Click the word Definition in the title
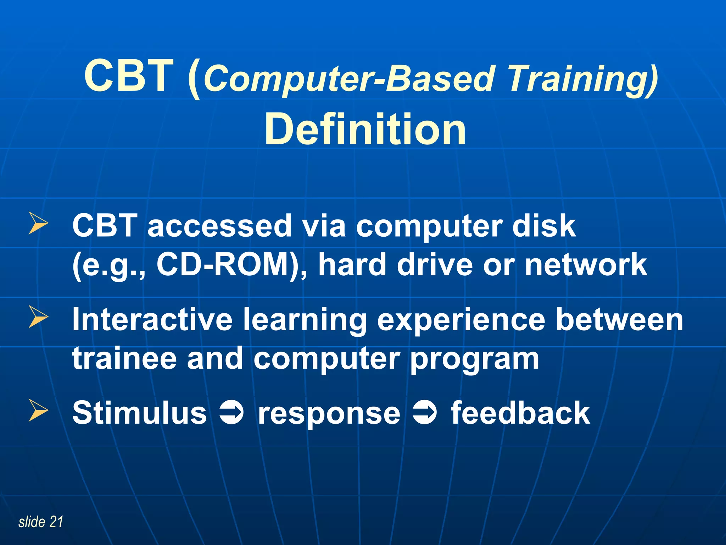[365, 130]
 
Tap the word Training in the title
[581, 80]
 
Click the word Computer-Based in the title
[349, 80]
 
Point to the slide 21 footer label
[41, 522]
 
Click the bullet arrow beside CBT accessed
[38, 224]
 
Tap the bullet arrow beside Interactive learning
[38, 317]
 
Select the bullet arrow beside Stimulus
[38, 411]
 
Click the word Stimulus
[139, 413]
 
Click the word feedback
[520, 413]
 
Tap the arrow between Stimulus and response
[231, 413]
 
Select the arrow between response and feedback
[425, 413]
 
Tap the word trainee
[124, 358]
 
